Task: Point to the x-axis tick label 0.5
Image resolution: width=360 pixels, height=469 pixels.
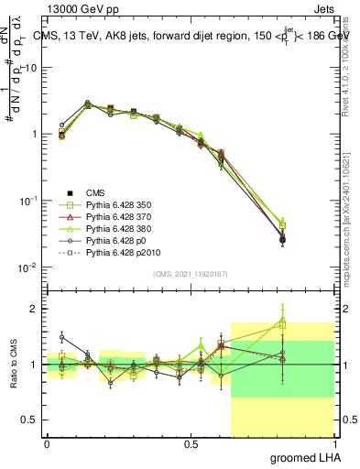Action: pos(191,443)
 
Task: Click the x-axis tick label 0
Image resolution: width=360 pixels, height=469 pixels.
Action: pos(47,443)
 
